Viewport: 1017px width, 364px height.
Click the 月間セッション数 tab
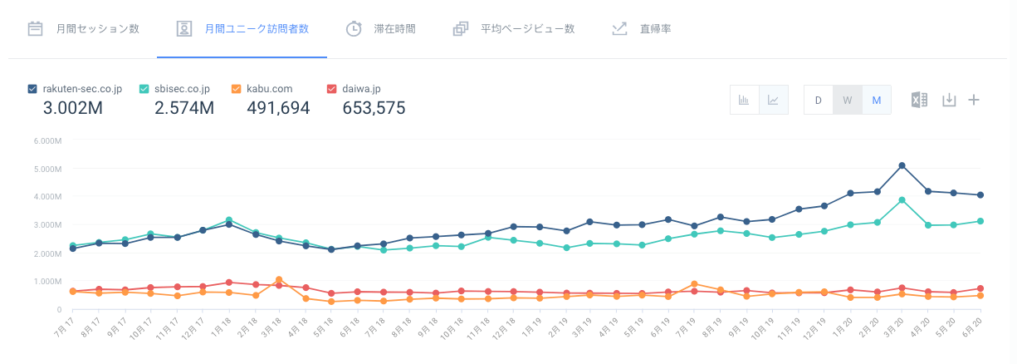tap(83, 28)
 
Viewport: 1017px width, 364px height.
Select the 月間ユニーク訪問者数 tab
tap(242, 28)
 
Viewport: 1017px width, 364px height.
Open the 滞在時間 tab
tap(381, 28)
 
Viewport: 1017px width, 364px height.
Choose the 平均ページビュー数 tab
tap(514, 28)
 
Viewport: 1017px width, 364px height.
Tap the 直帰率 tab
tap(642, 28)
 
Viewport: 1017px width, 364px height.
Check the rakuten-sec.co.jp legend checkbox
tap(32, 89)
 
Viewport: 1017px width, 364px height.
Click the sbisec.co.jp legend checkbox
tap(144, 89)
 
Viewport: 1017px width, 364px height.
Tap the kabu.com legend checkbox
tap(236, 89)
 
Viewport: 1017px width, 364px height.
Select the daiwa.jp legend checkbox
tap(332, 89)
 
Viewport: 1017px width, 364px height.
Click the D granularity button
tap(818, 101)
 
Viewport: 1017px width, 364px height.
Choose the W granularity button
tap(847, 101)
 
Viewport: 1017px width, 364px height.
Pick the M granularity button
tap(876, 101)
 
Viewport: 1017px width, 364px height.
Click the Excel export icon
tap(919, 101)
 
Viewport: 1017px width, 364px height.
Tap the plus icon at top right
tap(974, 101)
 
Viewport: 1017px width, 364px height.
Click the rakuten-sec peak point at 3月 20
tap(902, 165)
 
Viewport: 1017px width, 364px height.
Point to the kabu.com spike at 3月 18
tap(279, 279)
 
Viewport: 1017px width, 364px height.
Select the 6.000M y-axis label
tap(49, 140)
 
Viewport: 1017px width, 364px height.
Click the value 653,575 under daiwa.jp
tap(374, 107)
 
